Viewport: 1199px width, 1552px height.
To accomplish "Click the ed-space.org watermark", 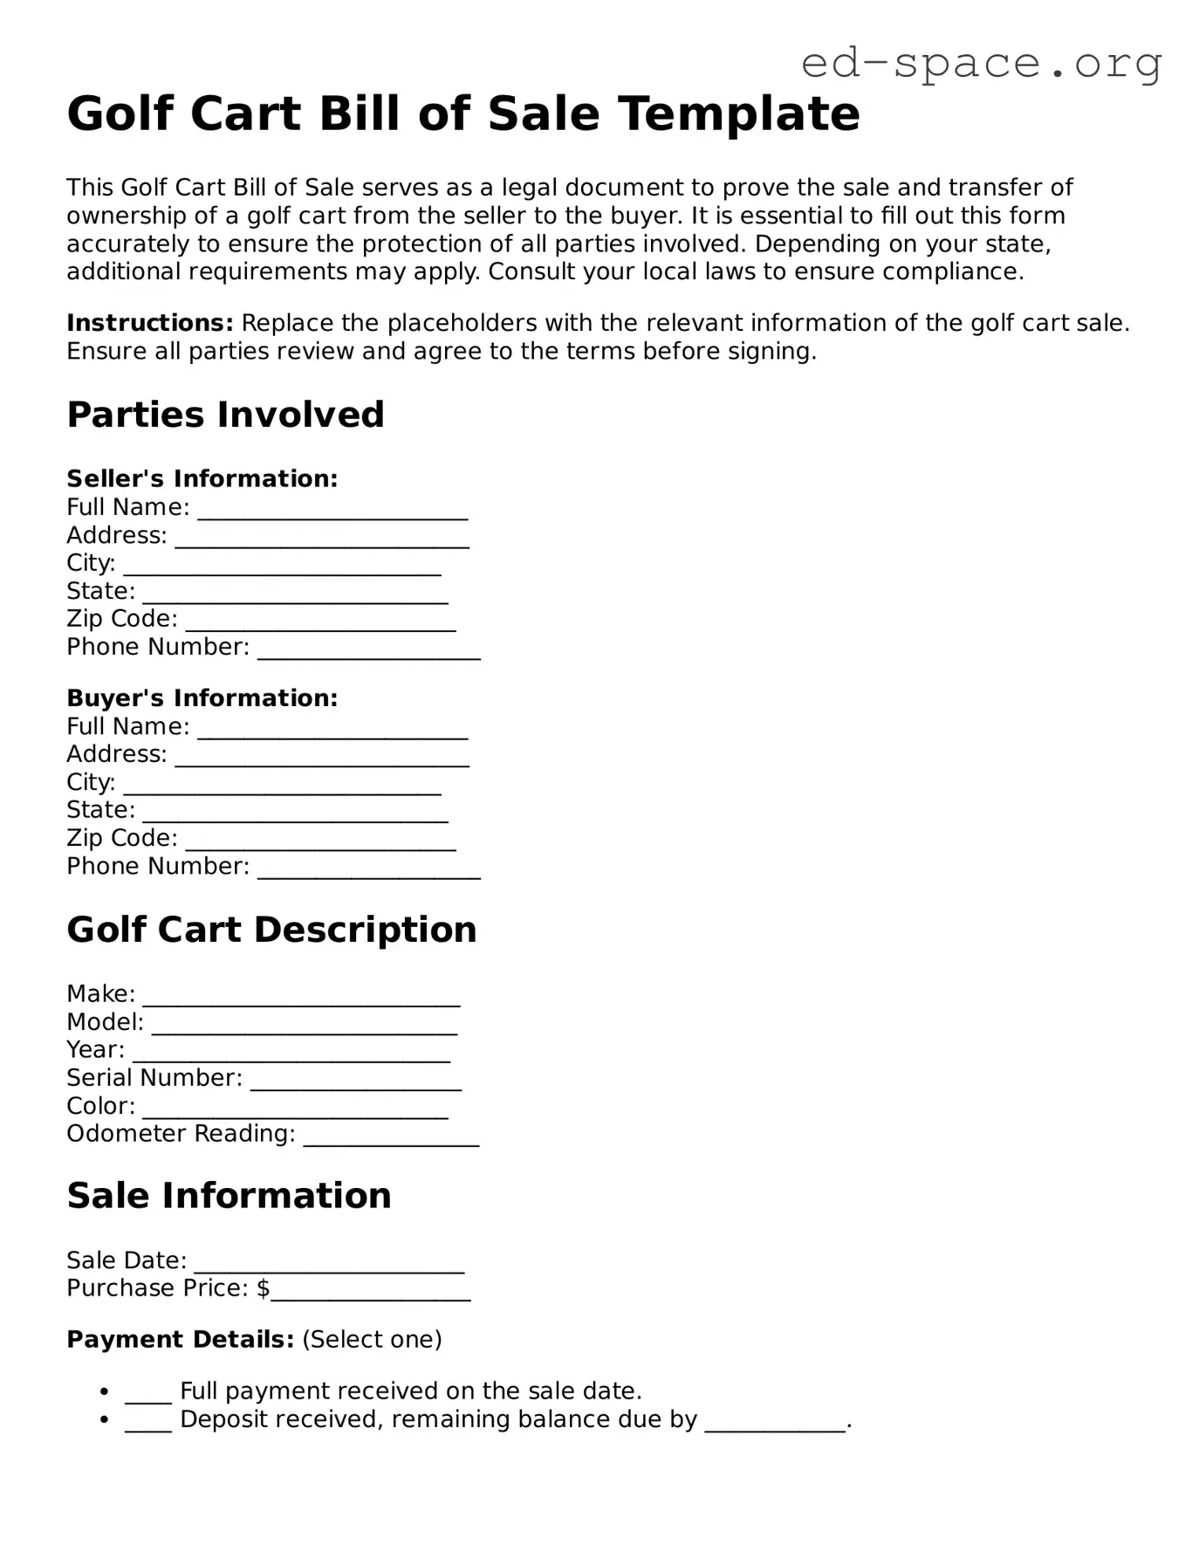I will tap(981, 64).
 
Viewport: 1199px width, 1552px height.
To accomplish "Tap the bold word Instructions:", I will tap(149, 323).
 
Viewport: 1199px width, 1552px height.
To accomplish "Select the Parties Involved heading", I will tap(225, 415).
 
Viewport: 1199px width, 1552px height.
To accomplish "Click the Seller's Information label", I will tap(202, 478).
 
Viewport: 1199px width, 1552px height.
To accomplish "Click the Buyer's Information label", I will tap(202, 697).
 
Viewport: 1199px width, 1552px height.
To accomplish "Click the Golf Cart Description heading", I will tap(271, 930).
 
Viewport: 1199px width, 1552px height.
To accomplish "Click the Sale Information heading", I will tap(229, 1196).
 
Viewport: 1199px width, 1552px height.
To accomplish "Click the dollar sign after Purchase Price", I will tap(263, 1288).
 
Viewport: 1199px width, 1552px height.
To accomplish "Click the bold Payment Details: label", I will tap(180, 1339).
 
